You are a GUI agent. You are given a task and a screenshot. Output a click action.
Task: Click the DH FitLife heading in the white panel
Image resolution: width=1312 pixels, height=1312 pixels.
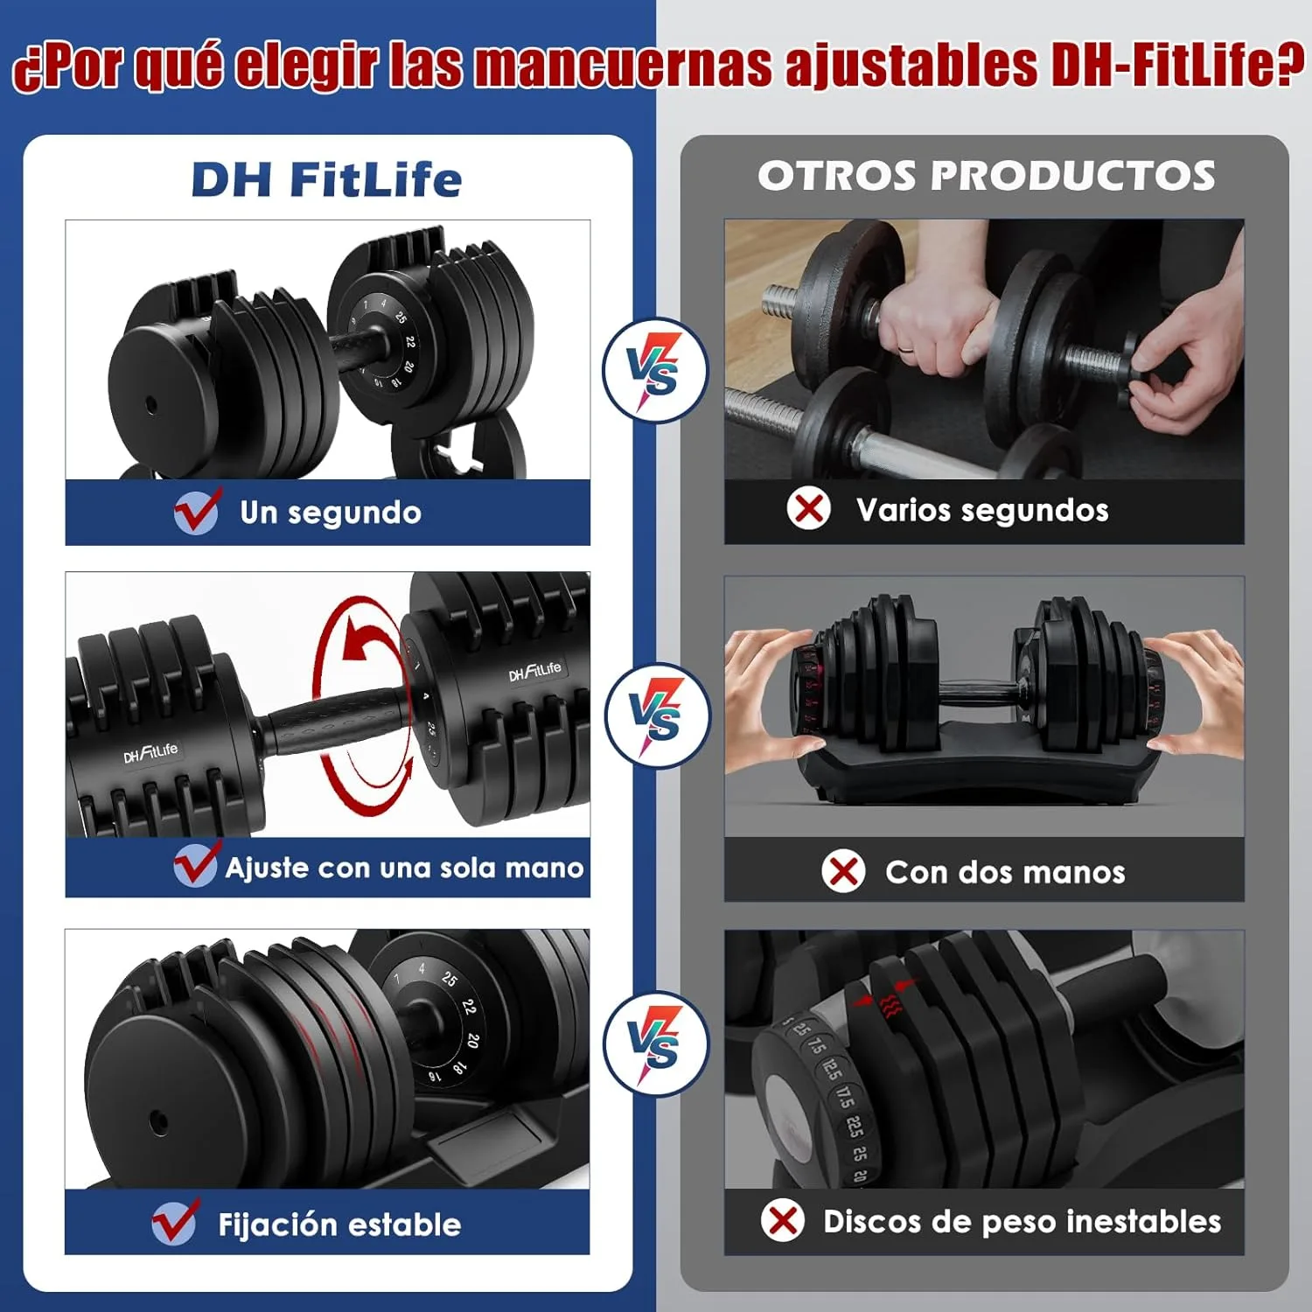326,179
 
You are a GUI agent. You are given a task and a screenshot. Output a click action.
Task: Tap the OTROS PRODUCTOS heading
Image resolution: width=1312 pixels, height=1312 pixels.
986,176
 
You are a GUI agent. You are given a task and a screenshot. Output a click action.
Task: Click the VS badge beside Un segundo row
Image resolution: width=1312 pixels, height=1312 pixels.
654,370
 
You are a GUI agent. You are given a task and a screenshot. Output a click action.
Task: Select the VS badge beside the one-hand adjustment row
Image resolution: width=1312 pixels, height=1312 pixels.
658,715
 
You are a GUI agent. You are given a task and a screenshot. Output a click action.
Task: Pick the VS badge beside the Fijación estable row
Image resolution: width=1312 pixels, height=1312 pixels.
655,1043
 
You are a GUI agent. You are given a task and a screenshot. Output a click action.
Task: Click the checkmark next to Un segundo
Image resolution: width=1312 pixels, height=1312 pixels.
198,511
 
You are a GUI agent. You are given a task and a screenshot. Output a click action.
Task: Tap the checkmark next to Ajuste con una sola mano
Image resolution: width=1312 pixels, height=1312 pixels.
196,865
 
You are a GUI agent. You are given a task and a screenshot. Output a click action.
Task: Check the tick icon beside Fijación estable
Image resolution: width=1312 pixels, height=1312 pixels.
175,1221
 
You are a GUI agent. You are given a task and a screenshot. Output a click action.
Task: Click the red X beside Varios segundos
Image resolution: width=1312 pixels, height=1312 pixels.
809,508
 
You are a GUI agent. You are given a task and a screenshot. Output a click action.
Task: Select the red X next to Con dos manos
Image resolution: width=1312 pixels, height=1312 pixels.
844,871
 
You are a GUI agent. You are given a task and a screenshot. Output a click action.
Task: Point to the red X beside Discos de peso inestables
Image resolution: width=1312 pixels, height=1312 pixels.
783,1220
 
